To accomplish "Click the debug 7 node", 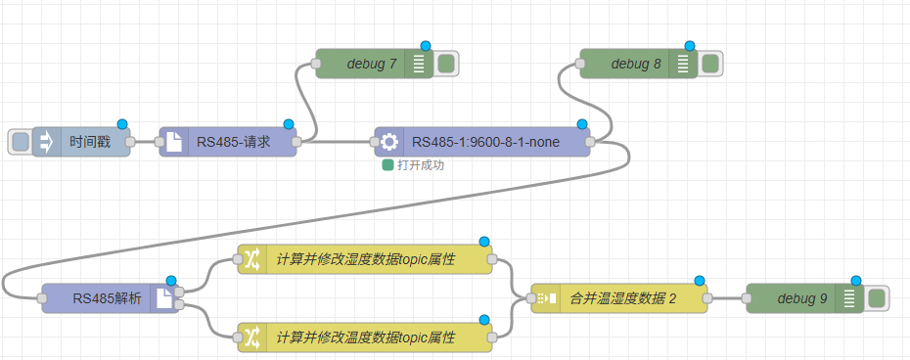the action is pyautogui.click(x=375, y=64).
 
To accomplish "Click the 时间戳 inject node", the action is pyautogui.click(x=81, y=142).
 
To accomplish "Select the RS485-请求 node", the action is pyautogui.click(x=227, y=142).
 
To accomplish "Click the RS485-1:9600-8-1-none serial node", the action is pyautogui.click(x=482, y=142).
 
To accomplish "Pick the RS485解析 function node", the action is pyautogui.click(x=111, y=298).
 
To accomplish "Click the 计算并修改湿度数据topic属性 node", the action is pyautogui.click(x=365, y=259).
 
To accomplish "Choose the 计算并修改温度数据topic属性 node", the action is pyautogui.click(x=365, y=337).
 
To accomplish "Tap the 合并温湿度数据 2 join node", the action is pyautogui.click(x=619, y=298).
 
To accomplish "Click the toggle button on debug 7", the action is pyautogui.click(x=446, y=64).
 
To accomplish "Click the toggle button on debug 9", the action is pyautogui.click(x=877, y=298).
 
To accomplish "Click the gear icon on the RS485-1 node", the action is pyautogui.click(x=388, y=142).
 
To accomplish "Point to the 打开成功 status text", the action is pyautogui.click(x=421, y=165).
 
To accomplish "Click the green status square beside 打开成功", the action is pyautogui.click(x=387, y=165).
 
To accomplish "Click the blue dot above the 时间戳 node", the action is pyautogui.click(x=122, y=124).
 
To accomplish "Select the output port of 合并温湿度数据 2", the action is pyautogui.click(x=707, y=298).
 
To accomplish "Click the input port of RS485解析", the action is pyautogui.click(x=42, y=298).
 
